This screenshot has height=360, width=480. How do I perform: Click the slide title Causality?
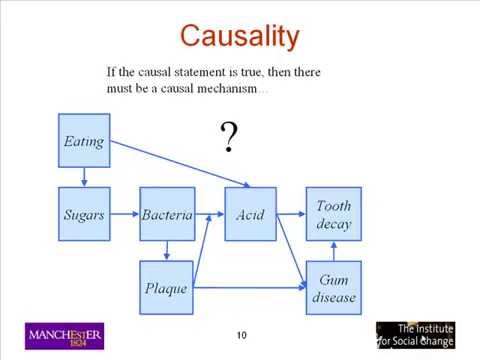tap(239, 38)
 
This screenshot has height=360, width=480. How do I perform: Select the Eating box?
tap(84, 141)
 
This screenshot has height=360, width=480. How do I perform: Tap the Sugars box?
tap(84, 214)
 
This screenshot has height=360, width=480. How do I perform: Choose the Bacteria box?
tap(167, 214)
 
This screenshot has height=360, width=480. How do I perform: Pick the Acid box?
tap(250, 214)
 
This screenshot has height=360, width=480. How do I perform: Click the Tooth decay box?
tap(333, 214)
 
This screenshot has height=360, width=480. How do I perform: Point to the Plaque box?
tap(167, 288)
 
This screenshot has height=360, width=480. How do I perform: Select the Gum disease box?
tap(333, 288)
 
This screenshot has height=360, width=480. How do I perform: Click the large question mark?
tap(229, 137)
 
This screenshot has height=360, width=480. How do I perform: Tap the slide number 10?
tap(241, 334)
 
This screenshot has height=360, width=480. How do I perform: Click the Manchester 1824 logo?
tap(65, 336)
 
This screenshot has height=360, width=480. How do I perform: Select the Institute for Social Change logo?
tap(415, 335)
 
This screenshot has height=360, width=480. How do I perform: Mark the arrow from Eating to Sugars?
tap(84, 177)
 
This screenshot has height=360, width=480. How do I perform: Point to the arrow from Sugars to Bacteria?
tap(124, 214)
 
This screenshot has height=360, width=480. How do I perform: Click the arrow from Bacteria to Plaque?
tap(167, 251)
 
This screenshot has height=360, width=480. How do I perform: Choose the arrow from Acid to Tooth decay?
tap(290, 213)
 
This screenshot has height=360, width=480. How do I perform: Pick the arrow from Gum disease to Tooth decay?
tap(333, 251)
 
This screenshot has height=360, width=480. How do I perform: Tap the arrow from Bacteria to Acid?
tap(208, 214)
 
